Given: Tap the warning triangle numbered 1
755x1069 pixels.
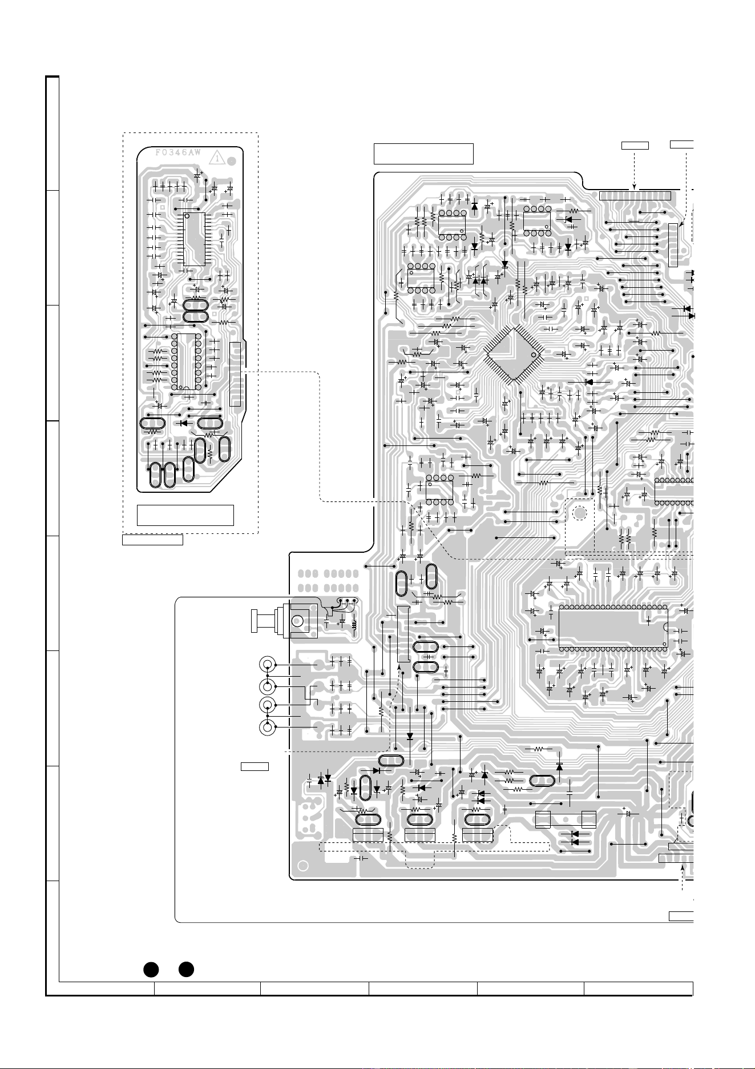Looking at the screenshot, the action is coord(217,158).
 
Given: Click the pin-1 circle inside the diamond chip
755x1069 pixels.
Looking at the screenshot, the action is coord(534,355).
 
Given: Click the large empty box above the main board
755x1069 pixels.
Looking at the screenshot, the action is coord(423,154).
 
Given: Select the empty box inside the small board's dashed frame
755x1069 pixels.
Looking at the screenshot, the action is coord(185,515).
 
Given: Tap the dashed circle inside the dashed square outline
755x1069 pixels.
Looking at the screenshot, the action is coord(580,512).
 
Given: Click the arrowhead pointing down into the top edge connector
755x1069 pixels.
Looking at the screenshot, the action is coord(635,187).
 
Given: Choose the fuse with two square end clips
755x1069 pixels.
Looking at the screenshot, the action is coord(566,819).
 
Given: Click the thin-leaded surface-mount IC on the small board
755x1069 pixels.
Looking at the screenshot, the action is coord(194,239).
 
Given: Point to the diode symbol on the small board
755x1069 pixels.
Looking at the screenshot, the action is coord(184,423).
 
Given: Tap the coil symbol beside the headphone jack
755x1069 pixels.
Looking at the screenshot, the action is coord(355,624).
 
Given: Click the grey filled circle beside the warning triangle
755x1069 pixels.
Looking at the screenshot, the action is coord(230,162).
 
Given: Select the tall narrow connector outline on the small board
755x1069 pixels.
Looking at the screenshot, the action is coord(235,375).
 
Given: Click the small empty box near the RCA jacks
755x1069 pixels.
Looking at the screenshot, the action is coord(255,766).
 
